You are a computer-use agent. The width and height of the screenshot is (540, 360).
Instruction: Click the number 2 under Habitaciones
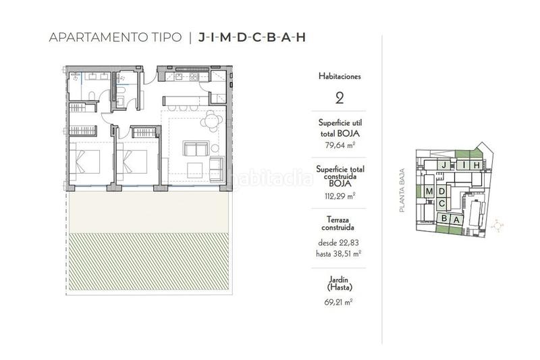point(340,98)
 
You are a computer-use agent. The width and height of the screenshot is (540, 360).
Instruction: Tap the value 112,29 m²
point(340,196)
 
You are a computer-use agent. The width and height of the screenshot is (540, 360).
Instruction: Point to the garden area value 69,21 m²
point(340,301)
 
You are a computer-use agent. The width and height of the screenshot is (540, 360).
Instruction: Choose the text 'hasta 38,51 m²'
point(340,254)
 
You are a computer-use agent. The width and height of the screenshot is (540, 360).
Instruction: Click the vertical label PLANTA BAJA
point(402,190)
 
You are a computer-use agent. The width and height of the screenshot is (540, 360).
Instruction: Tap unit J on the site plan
point(443,165)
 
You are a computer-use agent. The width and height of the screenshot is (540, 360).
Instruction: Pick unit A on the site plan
point(456,219)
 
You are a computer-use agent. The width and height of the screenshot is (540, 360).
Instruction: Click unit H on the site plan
point(475,165)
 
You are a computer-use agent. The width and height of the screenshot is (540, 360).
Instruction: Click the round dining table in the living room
point(213,121)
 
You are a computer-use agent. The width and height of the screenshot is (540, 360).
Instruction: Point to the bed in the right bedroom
point(133,162)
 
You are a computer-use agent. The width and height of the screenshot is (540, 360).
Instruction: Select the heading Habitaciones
point(340,76)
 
